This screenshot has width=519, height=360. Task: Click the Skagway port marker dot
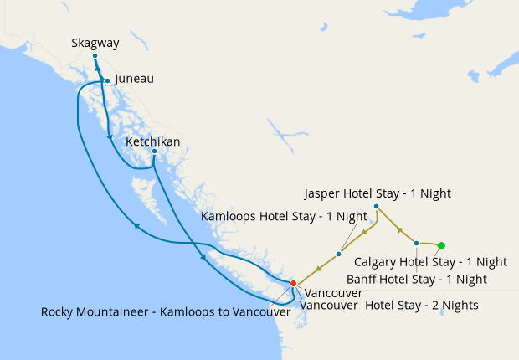point(95,56)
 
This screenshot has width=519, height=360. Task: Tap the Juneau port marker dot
point(107,80)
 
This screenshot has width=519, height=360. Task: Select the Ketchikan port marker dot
point(154,152)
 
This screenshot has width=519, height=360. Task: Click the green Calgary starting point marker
point(442,245)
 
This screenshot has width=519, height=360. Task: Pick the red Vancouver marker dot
point(292,284)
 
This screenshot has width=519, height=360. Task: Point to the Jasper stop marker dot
point(376,206)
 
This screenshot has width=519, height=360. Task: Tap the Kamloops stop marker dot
point(338,254)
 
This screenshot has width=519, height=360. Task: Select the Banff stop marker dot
point(417,243)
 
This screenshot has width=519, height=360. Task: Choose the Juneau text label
point(134,80)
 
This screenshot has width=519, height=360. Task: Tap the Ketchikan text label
point(152,141)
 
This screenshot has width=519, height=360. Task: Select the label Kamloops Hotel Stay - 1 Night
point(285,216)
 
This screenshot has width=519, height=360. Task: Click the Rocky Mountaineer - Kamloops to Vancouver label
point(166,312)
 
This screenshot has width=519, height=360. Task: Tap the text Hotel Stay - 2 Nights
point(422,306)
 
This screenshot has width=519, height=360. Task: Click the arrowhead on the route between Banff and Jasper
point(401,229)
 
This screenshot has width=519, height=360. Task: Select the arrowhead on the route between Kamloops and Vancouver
point(318,268)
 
